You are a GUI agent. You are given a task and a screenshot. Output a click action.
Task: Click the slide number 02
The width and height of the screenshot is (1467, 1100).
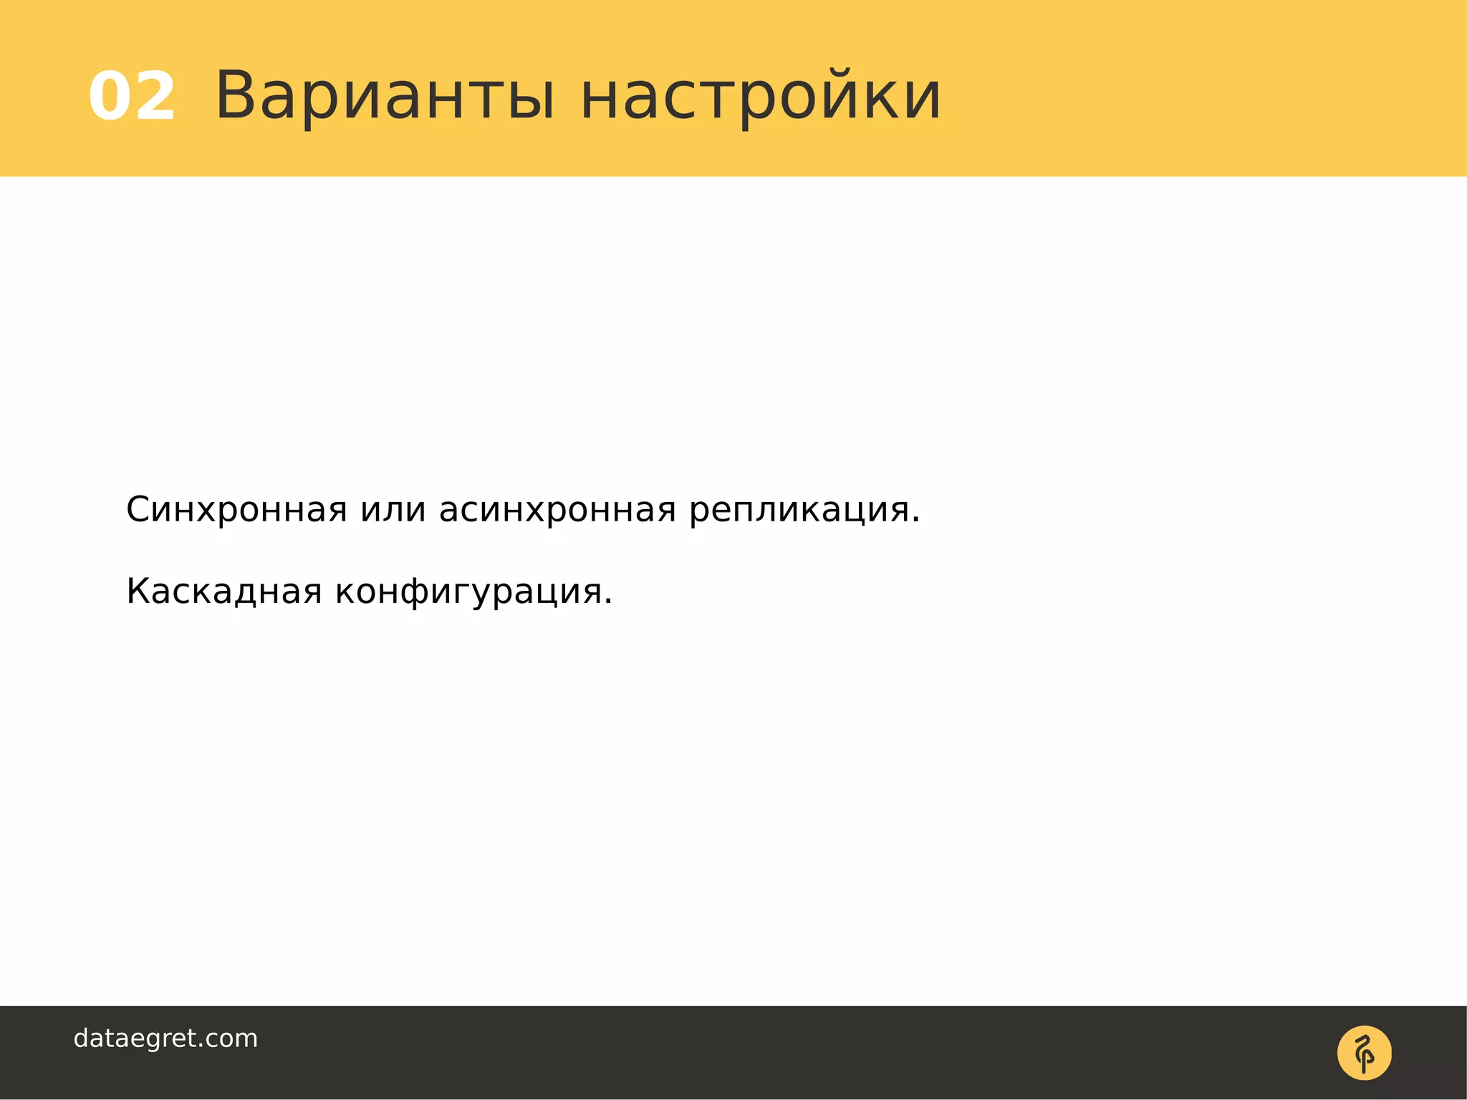132,97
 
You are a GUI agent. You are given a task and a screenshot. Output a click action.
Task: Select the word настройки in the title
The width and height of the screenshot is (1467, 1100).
760,97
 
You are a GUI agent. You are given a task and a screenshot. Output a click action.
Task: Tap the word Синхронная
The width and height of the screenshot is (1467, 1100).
236,510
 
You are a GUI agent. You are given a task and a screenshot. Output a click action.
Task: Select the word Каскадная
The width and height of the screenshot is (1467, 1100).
223,592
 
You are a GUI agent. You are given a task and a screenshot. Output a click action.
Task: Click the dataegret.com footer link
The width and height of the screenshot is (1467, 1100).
165,1038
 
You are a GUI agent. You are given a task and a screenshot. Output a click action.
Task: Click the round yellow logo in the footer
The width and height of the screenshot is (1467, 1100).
1364,1053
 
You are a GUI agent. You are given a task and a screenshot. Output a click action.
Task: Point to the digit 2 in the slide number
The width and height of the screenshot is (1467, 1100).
154,97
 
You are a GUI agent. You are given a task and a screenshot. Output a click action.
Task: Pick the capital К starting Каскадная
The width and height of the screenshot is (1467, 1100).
138,592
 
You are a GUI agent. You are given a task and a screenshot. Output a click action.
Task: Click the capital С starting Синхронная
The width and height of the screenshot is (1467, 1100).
140,510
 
